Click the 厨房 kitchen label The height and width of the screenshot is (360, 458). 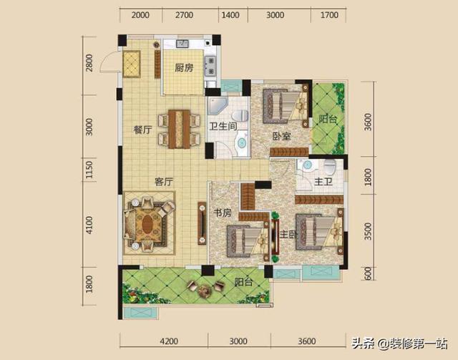(184, 68)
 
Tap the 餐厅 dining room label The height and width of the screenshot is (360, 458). (142, 130)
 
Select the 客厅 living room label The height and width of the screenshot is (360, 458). (164, 182)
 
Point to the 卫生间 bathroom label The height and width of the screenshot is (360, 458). (223, 126)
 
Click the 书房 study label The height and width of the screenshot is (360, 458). (223, 213)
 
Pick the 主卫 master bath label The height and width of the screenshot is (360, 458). (323, 182)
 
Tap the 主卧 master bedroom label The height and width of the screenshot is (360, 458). (288, 234)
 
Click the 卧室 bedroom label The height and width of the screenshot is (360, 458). (281, 136)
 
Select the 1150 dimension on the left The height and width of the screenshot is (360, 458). (89, 170)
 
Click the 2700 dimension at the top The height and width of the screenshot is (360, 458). (184, 15)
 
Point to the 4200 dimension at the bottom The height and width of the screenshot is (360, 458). (169, 341)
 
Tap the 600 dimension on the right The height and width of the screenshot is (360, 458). (368, 273)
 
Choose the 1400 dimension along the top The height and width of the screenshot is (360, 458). (230, 15)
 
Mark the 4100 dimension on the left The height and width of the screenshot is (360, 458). (89, 225)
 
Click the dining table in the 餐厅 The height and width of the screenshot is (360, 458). (180, 129)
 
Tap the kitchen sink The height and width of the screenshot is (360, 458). (182, 44)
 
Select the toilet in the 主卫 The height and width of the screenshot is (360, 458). (330, 167)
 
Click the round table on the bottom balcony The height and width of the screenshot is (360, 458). (204, 290)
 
